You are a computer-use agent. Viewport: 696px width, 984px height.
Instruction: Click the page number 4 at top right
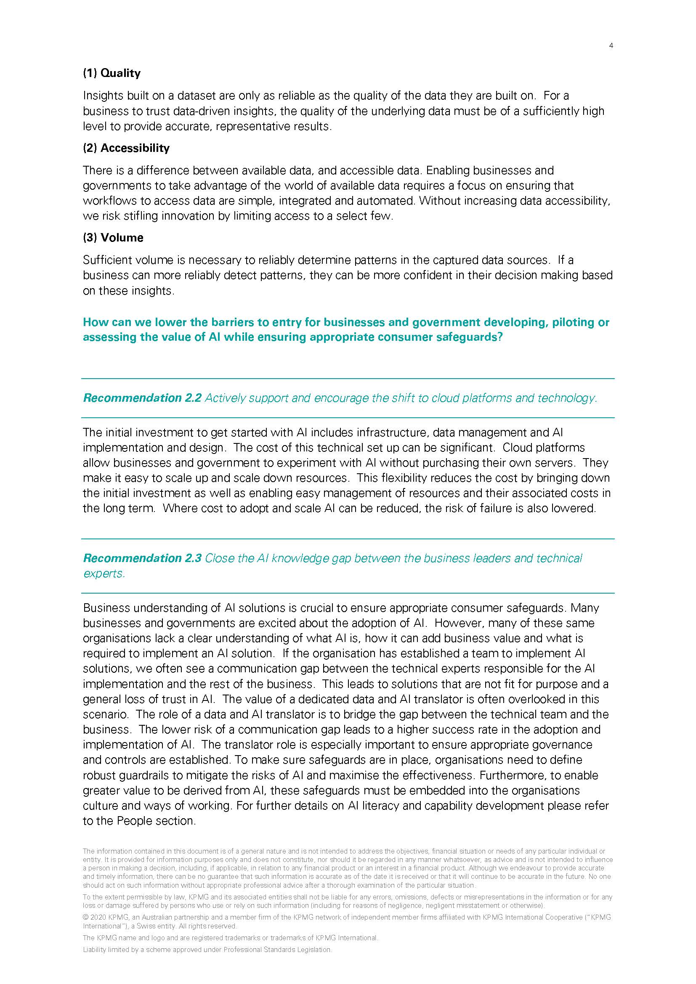[611, 46]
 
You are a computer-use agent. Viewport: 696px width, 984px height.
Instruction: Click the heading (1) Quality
[112, 73]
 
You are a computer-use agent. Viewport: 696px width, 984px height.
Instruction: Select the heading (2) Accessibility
[126, 148]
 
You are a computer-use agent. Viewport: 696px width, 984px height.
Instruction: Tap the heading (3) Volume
[113, 238]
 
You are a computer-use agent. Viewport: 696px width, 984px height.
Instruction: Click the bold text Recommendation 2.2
[142, 398]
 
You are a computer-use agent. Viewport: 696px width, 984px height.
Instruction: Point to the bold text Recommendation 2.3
[142, 558]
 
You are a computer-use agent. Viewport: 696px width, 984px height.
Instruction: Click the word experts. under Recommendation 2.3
[104, 574]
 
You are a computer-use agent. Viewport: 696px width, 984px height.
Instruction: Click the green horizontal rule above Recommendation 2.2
[348, 379]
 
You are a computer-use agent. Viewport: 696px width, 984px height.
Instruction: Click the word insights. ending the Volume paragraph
[153, 291]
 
